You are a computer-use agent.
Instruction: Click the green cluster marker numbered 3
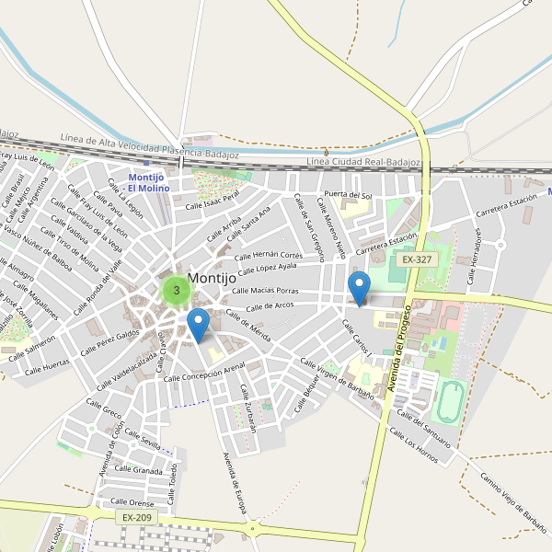click(x=176, y=290)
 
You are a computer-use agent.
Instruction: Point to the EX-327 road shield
click(x=417, y=260)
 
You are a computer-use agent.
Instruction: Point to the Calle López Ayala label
click(x=268, y=270)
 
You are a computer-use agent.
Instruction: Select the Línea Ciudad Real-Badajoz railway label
click(x=362, y=161)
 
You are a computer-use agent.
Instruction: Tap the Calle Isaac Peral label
click(x=212, y=200)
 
